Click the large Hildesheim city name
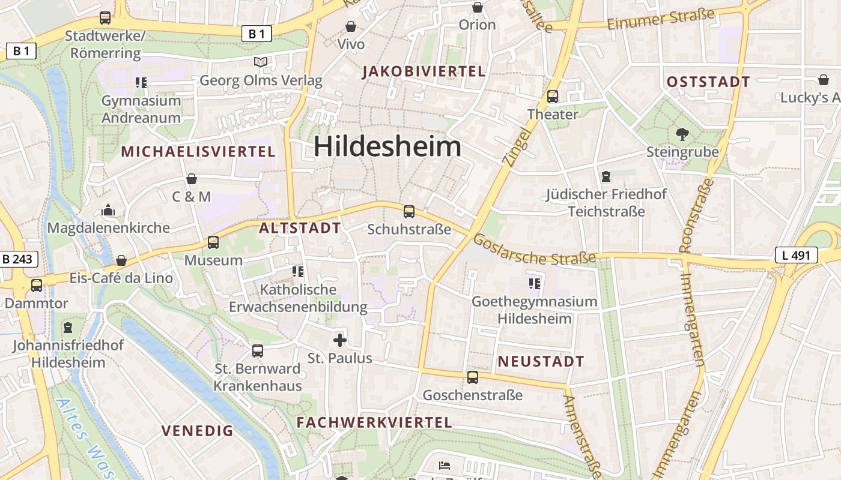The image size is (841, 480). tap(387, 147)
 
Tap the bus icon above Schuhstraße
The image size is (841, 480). tap(409, 211)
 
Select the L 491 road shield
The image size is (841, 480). tap(796, 255)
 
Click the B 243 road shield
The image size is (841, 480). tap(19, 259)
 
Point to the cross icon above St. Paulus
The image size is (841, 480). tap(340, 340)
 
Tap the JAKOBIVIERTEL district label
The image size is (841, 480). tap(424, 72)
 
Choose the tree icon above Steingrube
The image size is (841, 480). tap(682, 134)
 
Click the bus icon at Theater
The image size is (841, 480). tap(553, 96)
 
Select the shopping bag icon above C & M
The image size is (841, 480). tap(192, 179)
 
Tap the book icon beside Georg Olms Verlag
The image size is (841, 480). tap(260, 62)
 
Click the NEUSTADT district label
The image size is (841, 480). tap(541, 361)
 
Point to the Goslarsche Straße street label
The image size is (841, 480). tap(534, 250)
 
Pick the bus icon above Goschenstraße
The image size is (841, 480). tap(473, 377)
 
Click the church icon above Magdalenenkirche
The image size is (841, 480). tap(109, 210)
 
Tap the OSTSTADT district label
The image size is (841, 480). tap(709, 82)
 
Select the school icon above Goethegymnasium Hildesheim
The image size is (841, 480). tap(534, 283)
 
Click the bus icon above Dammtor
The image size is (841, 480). tap(37, 286)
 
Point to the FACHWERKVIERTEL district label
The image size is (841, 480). tap(374, 422)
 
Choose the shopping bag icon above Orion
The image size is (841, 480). tap(478, 7)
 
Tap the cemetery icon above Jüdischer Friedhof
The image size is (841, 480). tap(606, 176)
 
